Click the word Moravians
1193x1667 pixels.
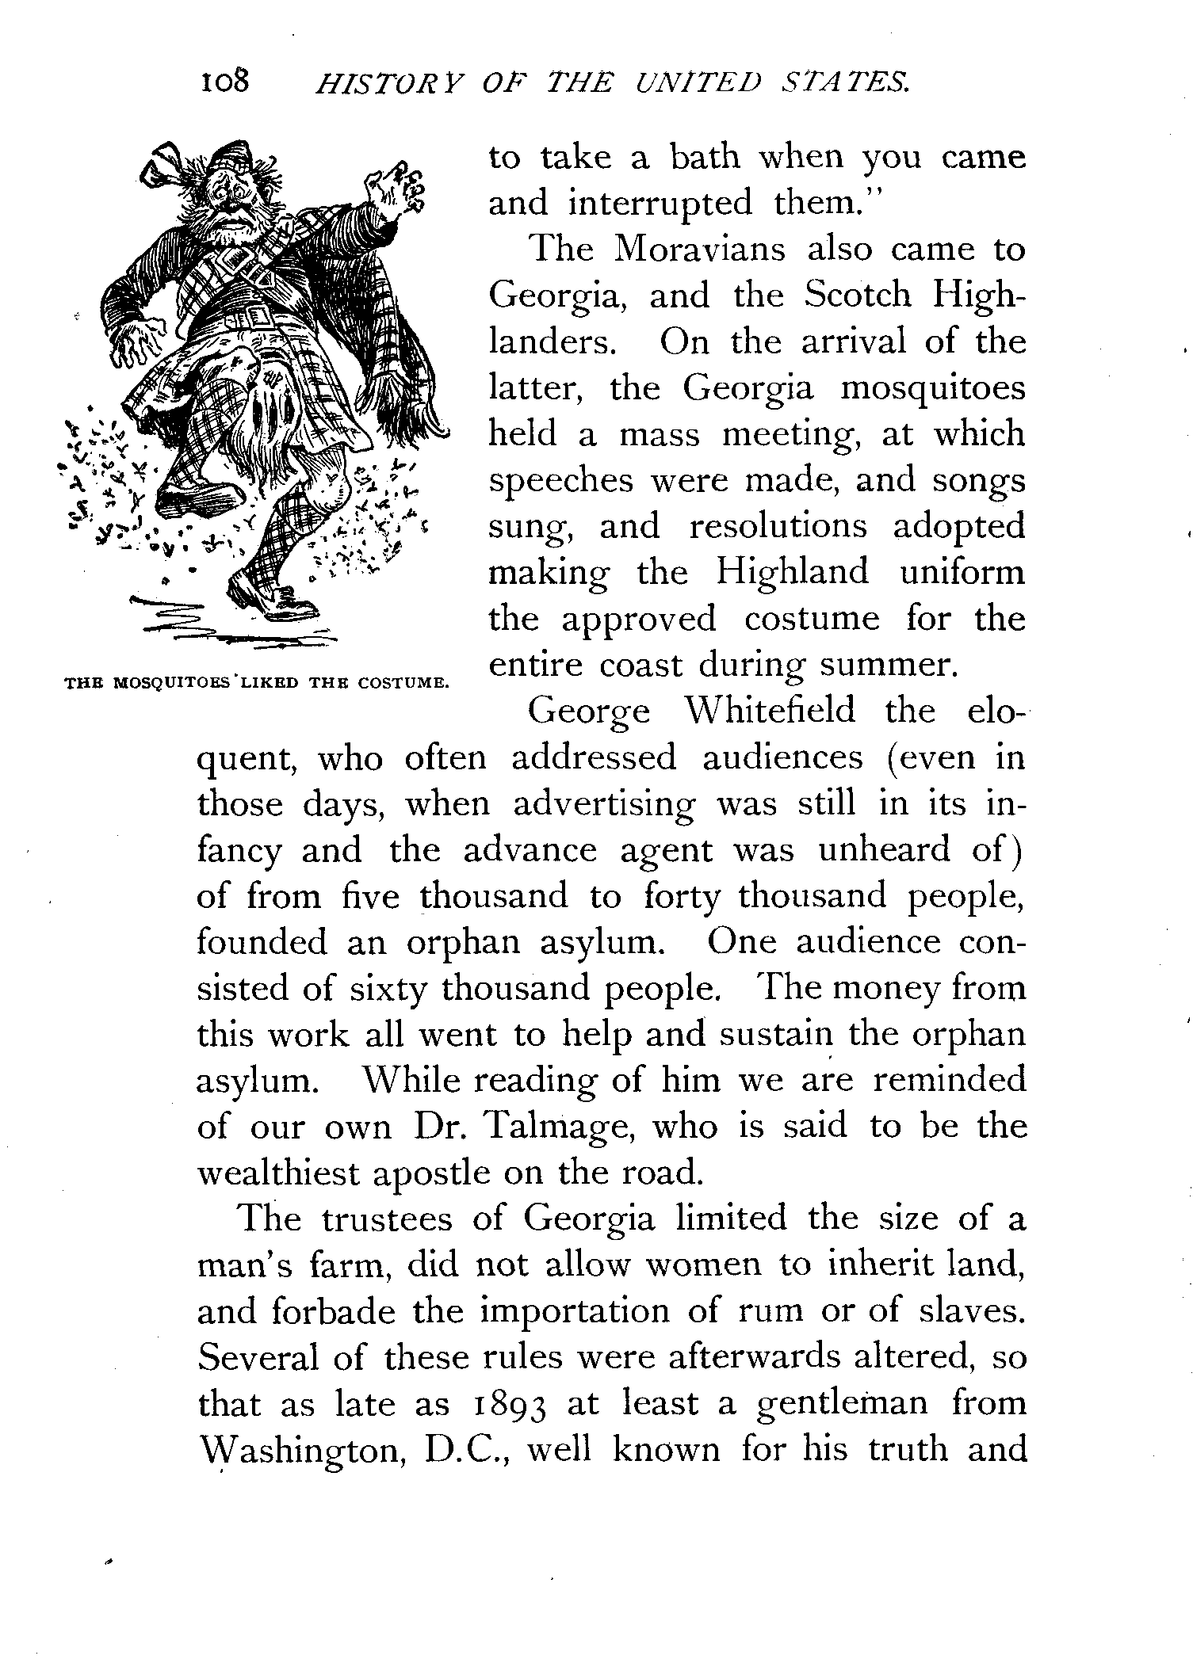(x=699, y=250)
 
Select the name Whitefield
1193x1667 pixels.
(x=770, y=711)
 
